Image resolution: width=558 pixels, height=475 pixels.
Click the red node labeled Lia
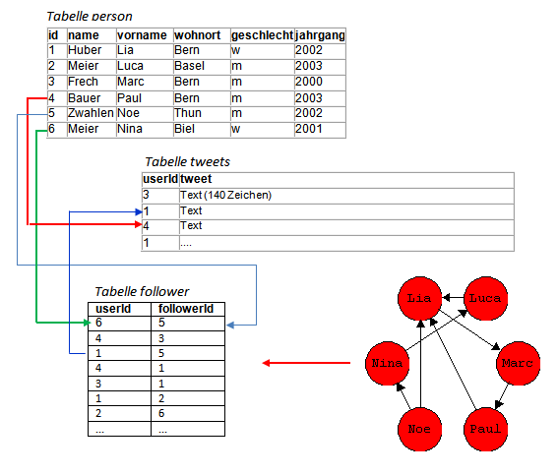(419, 298)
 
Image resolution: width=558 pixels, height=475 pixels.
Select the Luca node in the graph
(485, 298)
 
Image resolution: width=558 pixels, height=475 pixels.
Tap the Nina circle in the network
(387, 363)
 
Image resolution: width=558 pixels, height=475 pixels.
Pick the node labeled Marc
(518, 363)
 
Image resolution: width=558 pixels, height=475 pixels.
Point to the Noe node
(419, 429)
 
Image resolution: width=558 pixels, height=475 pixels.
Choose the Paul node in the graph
(485, 429)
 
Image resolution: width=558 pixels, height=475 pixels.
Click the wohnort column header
(198, 35)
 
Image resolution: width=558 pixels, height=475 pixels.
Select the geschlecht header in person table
(263, 35)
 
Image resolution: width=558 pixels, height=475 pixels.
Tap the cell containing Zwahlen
(91, 113)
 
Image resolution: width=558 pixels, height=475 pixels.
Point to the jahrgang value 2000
(309, 82)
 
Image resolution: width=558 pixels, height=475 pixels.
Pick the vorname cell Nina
(130, 129)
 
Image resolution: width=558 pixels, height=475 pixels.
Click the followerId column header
(186, 309)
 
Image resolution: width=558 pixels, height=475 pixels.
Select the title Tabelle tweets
(188, 161)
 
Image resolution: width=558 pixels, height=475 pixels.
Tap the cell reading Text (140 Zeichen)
(225, 195)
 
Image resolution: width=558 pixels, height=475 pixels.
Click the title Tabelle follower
(142, 291)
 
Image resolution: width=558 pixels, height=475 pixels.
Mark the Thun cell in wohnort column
(188, 113)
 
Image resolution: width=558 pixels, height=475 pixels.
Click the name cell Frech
(83, 82)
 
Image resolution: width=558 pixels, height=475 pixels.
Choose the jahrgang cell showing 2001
(309, 129)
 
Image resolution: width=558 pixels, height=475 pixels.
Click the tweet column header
(196, 179)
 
